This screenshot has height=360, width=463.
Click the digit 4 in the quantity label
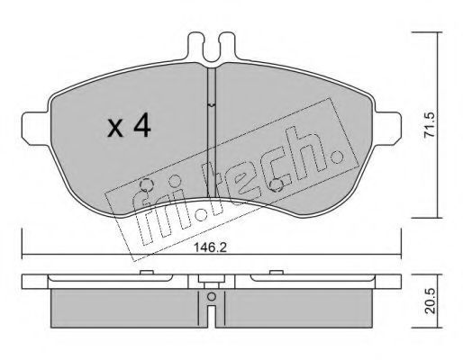(142, 125)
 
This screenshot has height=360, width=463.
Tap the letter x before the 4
(115, 129)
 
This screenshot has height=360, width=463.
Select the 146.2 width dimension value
(210, 247)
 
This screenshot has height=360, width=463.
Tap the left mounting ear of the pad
(35, 129)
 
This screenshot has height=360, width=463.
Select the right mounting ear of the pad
(387, 129)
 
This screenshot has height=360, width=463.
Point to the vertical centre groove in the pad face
(212, 132)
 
